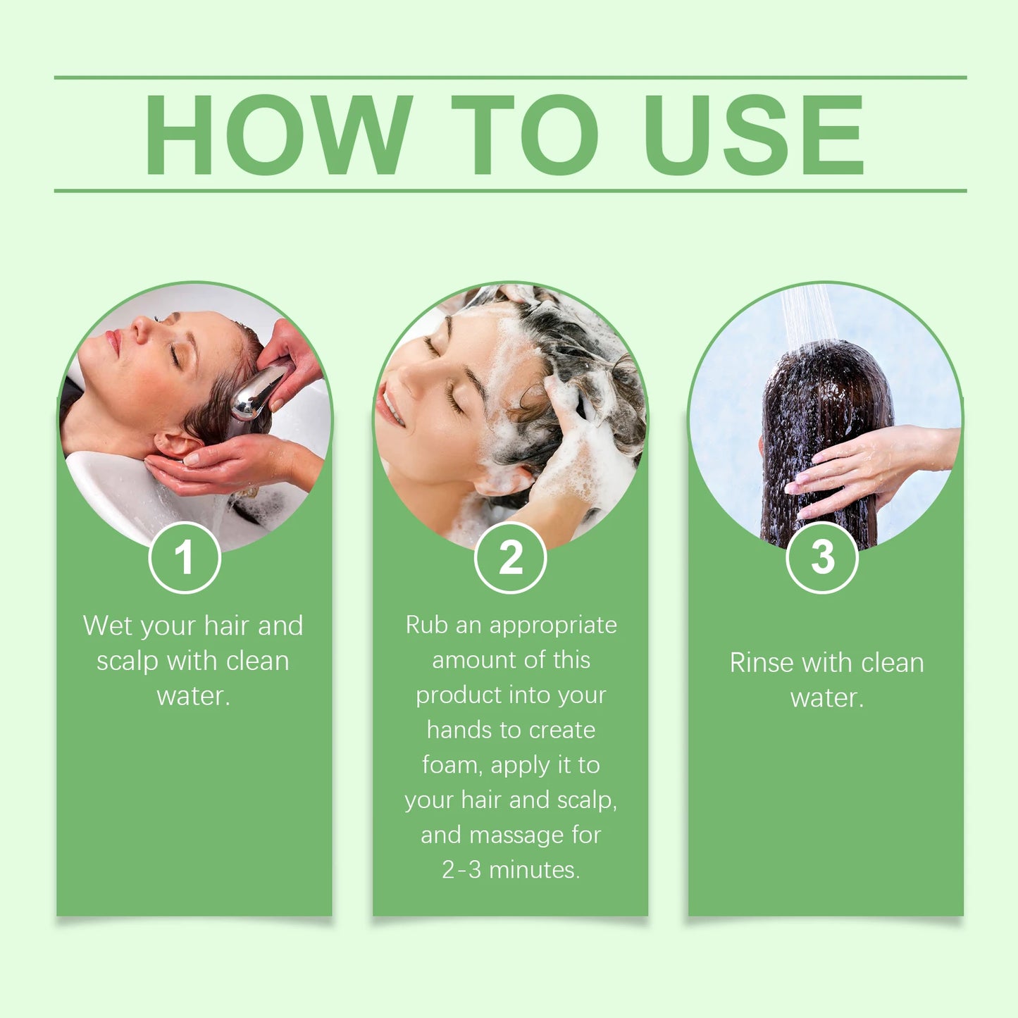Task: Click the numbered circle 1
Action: tap(185, 557)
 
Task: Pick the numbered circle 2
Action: tap(511, 557)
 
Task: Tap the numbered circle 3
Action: tap(822, 557)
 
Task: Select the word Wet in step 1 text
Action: tap(107, 626)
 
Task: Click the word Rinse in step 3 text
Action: tap(761, 663)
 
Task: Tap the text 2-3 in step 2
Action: tap(461, 870)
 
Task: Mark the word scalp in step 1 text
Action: tap(127, 662)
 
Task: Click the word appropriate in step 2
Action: tap(553, 626)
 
